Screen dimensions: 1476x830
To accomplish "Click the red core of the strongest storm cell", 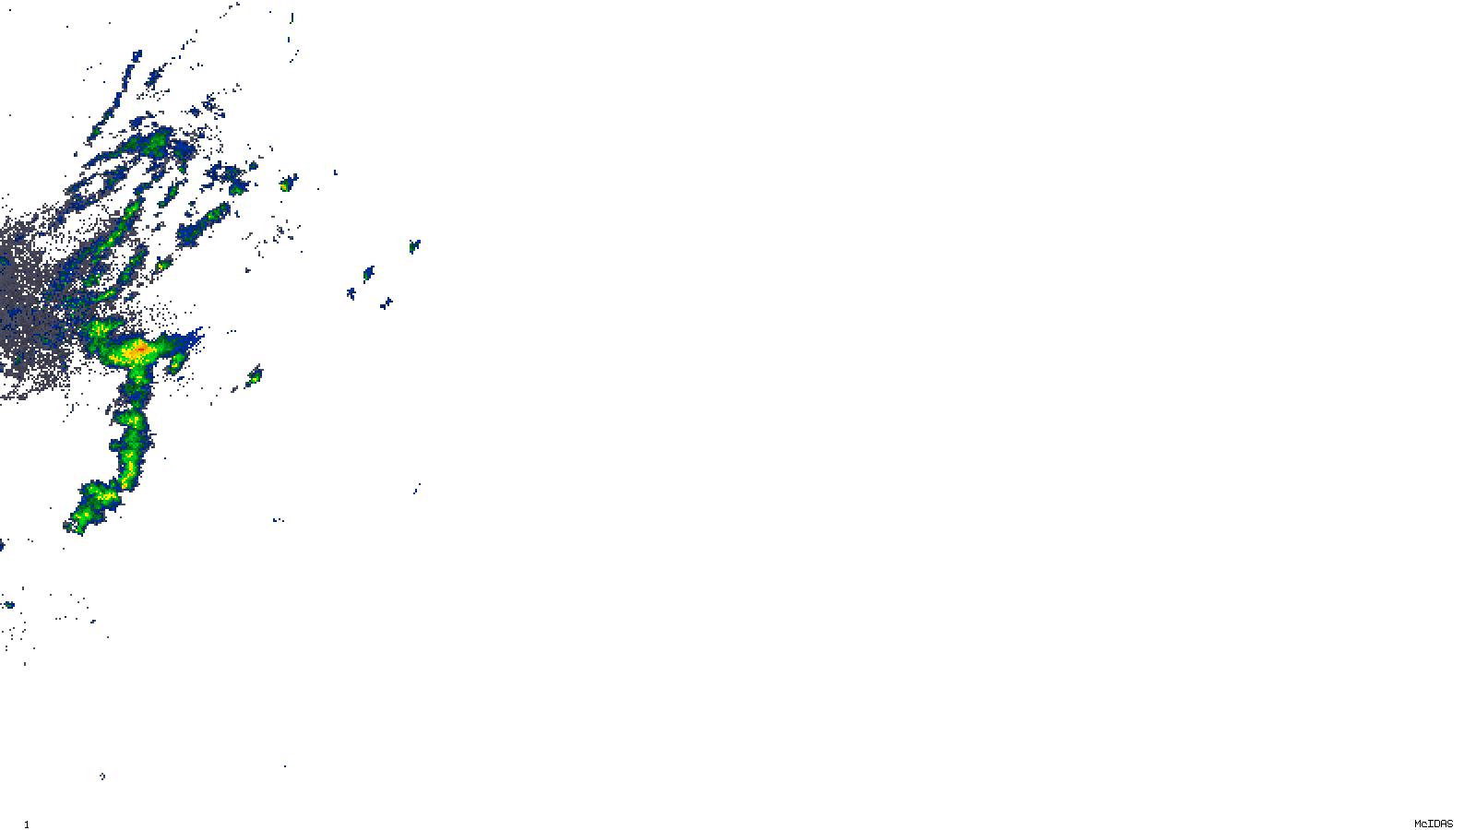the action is click(137, 350).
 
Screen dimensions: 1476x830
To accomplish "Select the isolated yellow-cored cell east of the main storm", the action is click(255, 375).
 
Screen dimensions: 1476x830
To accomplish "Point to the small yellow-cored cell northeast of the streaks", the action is click(286, 185).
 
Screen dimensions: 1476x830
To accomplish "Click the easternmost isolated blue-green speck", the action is click(414, 246).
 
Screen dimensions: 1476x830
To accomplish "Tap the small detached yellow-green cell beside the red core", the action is click(174, 364).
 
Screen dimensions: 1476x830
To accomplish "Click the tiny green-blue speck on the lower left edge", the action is click(9, 605).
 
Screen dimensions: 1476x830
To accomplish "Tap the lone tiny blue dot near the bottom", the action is click(101, 776).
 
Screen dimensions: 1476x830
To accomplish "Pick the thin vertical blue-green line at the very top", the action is click(292, 18).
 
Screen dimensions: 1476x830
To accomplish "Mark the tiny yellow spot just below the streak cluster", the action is click(161, 266).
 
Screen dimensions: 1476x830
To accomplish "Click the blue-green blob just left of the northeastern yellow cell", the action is click(238, 189).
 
